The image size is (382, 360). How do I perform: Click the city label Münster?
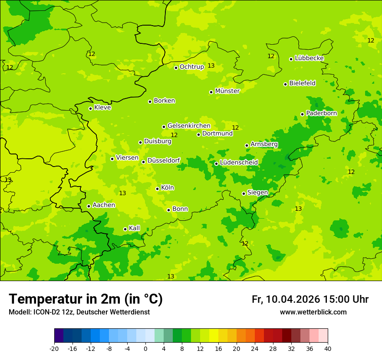point(227,91)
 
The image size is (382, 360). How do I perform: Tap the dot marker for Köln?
point(158,189)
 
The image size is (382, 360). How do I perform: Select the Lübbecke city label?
point(309,58)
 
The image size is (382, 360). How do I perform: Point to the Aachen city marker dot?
point(89,206)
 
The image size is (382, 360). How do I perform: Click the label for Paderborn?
point(321,113)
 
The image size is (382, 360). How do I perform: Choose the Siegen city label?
point(257,193)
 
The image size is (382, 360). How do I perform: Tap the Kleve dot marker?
point(91,108)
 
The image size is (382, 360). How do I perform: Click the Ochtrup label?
point(191,67)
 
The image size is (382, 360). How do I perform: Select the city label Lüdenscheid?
point(239,163)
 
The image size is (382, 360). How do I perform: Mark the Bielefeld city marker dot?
point(286,84)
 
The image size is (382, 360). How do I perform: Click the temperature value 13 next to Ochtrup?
point(211,65)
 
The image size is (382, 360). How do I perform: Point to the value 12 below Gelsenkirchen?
point(174,135)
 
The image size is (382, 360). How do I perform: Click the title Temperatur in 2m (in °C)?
point(86,299)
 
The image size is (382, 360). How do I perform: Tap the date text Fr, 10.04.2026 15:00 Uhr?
point(310,299)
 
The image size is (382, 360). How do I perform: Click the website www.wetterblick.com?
point(313,312)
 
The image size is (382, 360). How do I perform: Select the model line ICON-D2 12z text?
point(79,312)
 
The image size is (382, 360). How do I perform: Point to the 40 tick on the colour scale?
point(327,348)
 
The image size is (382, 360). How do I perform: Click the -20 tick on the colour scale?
point(54,348)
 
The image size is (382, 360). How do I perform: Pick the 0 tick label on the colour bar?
point(145,348)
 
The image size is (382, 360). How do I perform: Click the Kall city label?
point(134,228)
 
